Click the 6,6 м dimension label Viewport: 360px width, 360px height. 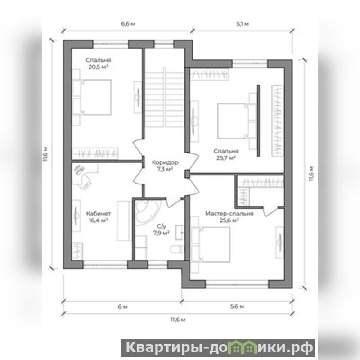click(x=128, y=24)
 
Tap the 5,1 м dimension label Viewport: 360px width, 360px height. click(x=243, y=24)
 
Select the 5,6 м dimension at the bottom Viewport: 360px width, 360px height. click(x=237, y=306)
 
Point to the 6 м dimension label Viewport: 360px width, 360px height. click(x=122, y=307)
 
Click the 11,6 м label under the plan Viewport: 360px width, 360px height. click(x=178, y=319)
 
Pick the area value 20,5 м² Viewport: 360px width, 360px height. click(x=98, y=67)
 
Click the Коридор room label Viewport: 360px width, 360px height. click(x=165, y=162)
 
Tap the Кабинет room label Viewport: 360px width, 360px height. click(x=99, y=213)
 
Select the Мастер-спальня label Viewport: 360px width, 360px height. click(x=229, y=213)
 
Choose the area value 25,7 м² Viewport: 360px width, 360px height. click(x=226, y=158)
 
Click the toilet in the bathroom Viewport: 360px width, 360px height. click(x=177, y=249)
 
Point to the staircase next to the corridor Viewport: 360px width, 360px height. click(x=165, y=98)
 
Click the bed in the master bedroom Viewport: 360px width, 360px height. click(x=211, y=244)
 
